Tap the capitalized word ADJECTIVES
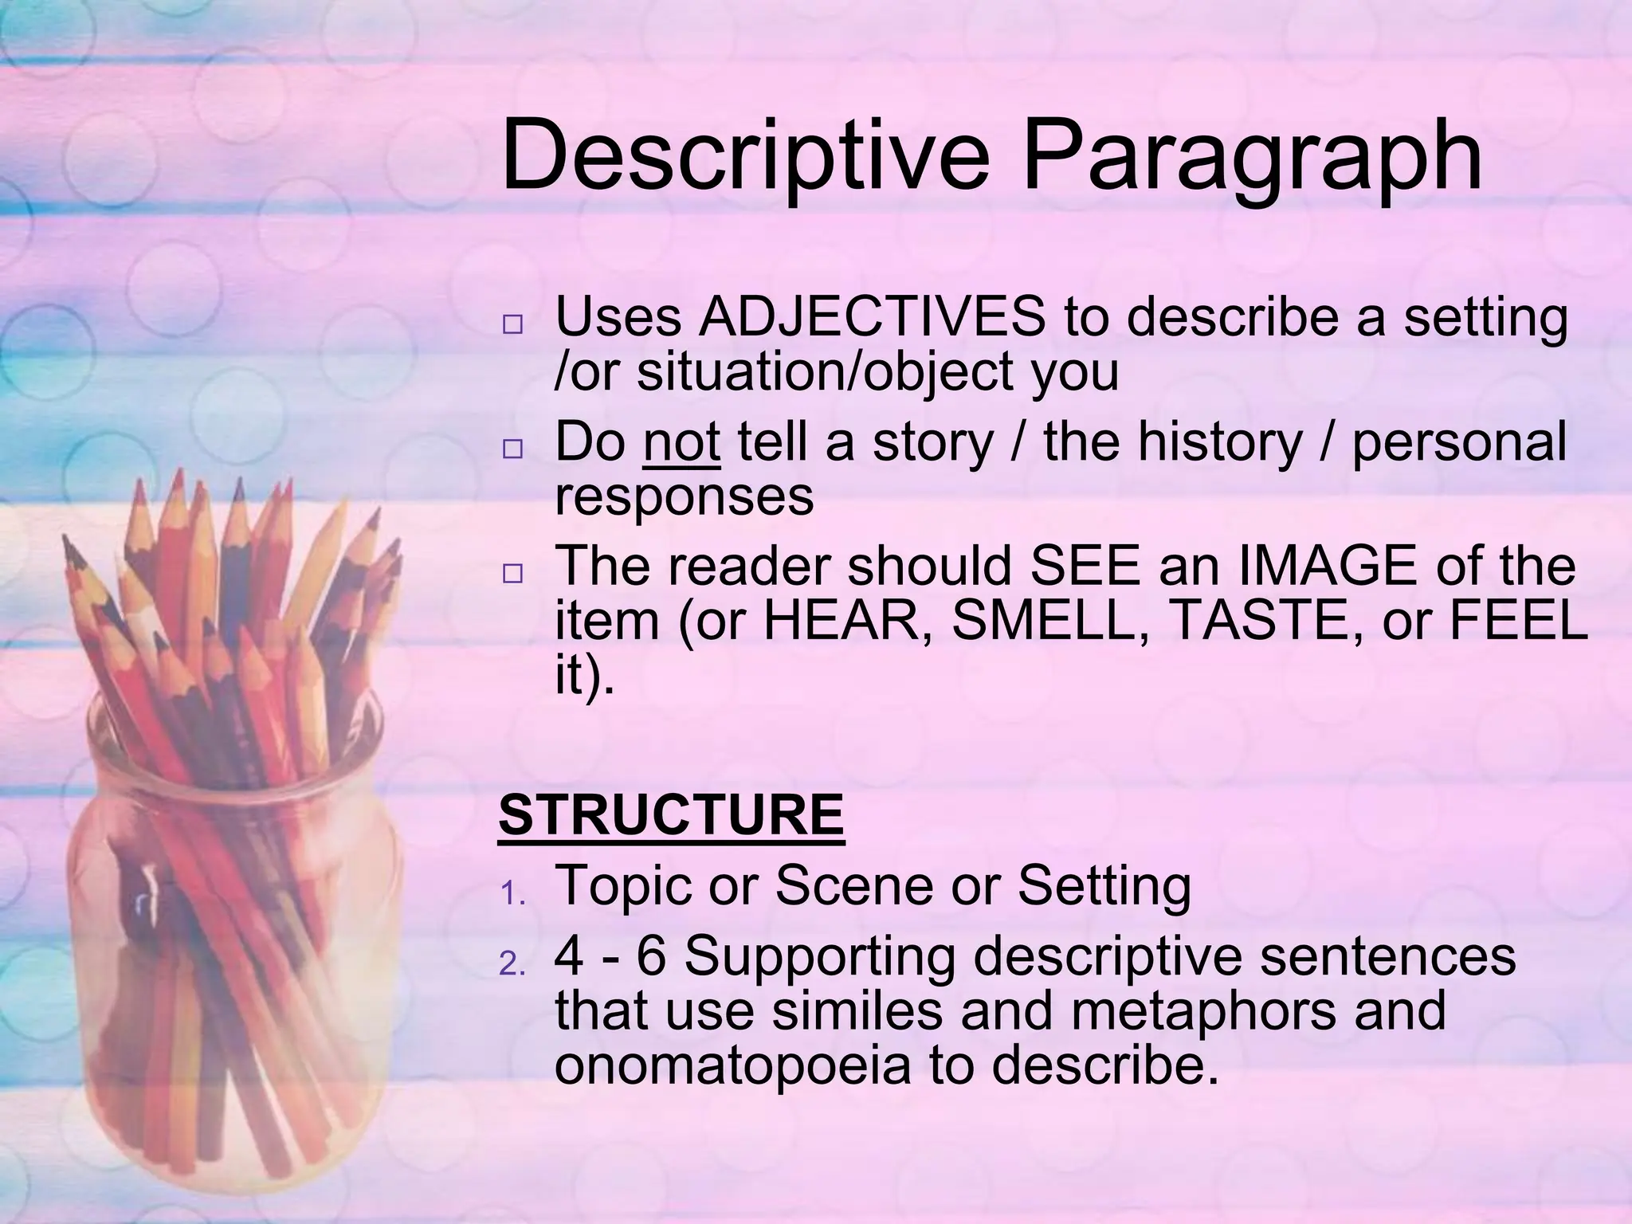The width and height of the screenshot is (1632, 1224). pos(872,317)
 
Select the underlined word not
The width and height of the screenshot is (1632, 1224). pos(681,442)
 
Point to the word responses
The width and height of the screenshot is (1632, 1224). pos(684,497)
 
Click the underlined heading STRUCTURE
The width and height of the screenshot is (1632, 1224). pos(671,814)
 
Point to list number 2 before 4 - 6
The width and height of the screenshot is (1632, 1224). pos(512,966)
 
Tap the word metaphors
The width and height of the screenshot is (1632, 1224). pos(1205,1010)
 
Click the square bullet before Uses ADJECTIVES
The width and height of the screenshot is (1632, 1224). pos(512,326)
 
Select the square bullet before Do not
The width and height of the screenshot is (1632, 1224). pos(512,450)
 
